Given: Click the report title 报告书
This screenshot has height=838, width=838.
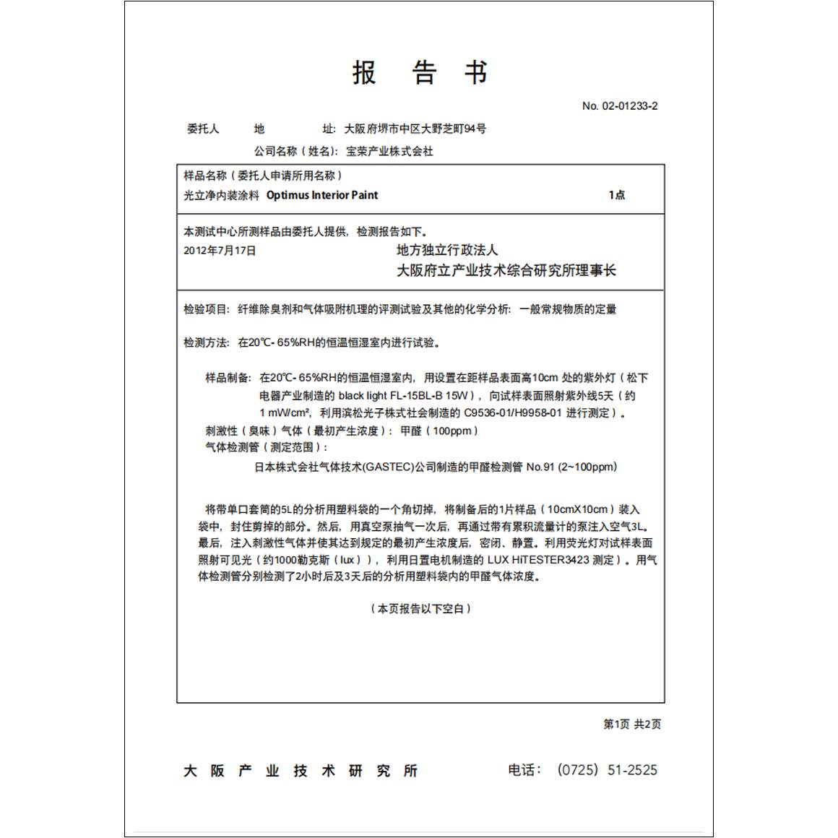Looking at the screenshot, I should (420, 72).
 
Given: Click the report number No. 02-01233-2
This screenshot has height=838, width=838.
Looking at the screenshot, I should (620, 106).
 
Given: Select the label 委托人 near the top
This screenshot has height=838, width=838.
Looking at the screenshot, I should (203, 129).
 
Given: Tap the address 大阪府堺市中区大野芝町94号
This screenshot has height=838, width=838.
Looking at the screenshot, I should (415, 129).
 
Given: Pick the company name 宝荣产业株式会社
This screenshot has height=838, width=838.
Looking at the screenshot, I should (389, 152).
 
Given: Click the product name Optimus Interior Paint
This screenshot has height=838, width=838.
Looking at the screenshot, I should (322, 195).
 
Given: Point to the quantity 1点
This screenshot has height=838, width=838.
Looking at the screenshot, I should (617, 195).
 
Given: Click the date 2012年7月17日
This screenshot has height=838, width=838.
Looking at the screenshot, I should (220, 251).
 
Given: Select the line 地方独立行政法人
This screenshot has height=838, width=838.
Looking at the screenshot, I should (447, 250).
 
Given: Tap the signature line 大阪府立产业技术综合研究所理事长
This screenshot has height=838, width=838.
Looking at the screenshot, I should (506, 271).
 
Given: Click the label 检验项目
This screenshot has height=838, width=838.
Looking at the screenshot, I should (206, 310).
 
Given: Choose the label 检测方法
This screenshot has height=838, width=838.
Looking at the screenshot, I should (206, 342).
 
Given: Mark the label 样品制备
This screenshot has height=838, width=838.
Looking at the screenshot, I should (228, 378).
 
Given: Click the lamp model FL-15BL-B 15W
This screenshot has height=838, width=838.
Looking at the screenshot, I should (430, 396).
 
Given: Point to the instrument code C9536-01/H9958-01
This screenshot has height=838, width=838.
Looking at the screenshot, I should (512, 413).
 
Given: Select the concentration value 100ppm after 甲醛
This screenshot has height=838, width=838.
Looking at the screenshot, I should (452, 431).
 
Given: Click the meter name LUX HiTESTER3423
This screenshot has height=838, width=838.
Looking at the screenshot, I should (538, 560).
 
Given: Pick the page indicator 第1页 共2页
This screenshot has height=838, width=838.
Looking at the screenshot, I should (632, 725).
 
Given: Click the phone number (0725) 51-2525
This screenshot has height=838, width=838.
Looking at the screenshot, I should (607, 770).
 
